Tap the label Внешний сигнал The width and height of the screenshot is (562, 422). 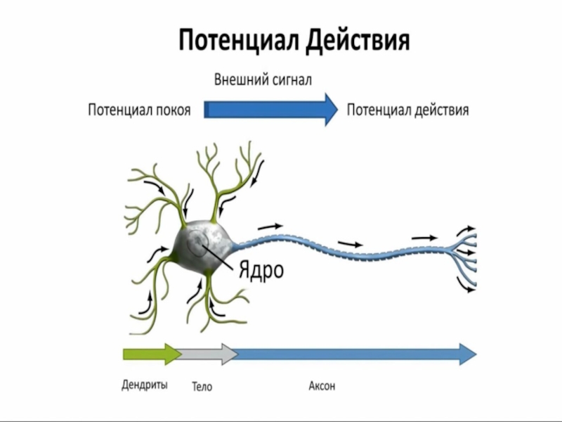263,79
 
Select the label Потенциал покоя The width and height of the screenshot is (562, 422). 139,110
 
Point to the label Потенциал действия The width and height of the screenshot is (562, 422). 408,110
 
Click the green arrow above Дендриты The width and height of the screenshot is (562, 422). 151,354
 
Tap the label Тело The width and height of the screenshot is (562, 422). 202,386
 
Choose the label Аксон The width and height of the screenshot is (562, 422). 322,385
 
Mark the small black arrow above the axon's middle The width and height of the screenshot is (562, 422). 351,244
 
